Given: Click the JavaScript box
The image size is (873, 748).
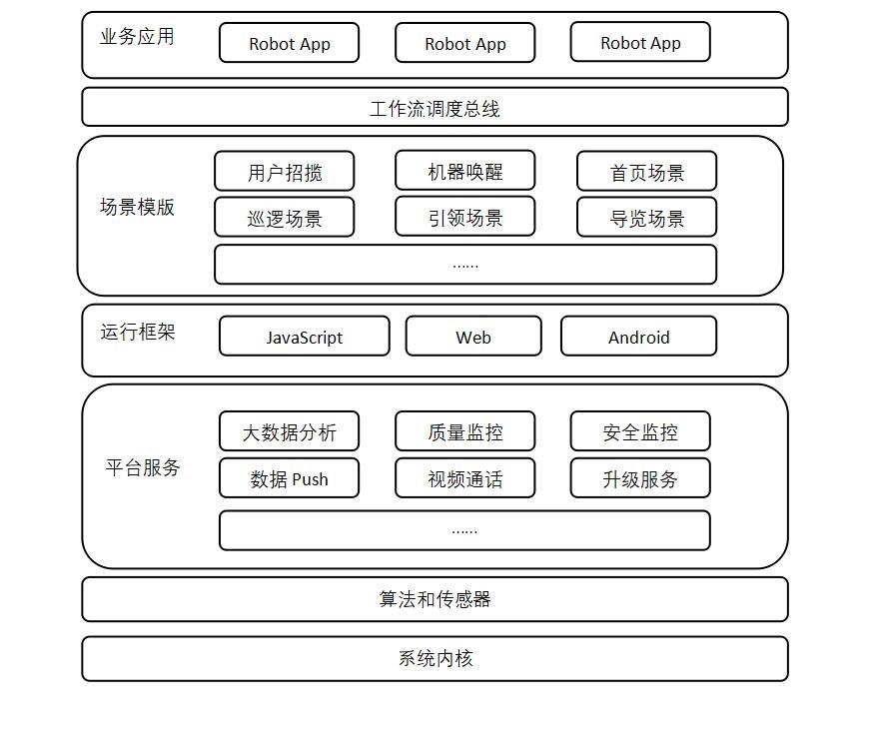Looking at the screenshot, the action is [305, 337].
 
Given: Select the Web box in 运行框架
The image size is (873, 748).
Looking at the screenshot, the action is [473, 337].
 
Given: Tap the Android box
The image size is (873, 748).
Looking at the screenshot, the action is [638, 337].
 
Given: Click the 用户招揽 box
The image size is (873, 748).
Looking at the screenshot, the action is [285, 172].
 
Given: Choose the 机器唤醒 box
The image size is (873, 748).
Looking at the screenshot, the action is [465, 171].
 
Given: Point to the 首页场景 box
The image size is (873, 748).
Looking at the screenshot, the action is [647, 172].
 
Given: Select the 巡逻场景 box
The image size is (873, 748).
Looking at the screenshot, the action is [285, 217].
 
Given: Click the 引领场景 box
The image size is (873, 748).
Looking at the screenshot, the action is [465, 217].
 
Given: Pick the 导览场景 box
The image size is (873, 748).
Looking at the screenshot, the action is [647, 217].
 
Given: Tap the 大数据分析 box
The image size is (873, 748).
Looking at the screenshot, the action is [290, 431].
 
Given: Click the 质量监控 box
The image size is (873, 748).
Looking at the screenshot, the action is [465, 431].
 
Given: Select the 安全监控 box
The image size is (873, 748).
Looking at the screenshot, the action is [640, 431].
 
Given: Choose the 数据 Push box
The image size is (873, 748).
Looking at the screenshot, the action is [290, 478].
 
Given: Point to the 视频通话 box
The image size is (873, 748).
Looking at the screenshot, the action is [465, 478].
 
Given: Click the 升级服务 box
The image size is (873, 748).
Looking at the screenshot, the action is [640, 478].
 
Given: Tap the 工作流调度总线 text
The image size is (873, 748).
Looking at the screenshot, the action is [435, 109].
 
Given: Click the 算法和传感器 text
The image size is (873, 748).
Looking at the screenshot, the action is [435, 599].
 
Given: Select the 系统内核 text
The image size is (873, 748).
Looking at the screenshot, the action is [436, 658].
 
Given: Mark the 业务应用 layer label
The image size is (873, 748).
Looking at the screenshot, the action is [137, 37].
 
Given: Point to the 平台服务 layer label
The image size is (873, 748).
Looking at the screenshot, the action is [143, 467].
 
